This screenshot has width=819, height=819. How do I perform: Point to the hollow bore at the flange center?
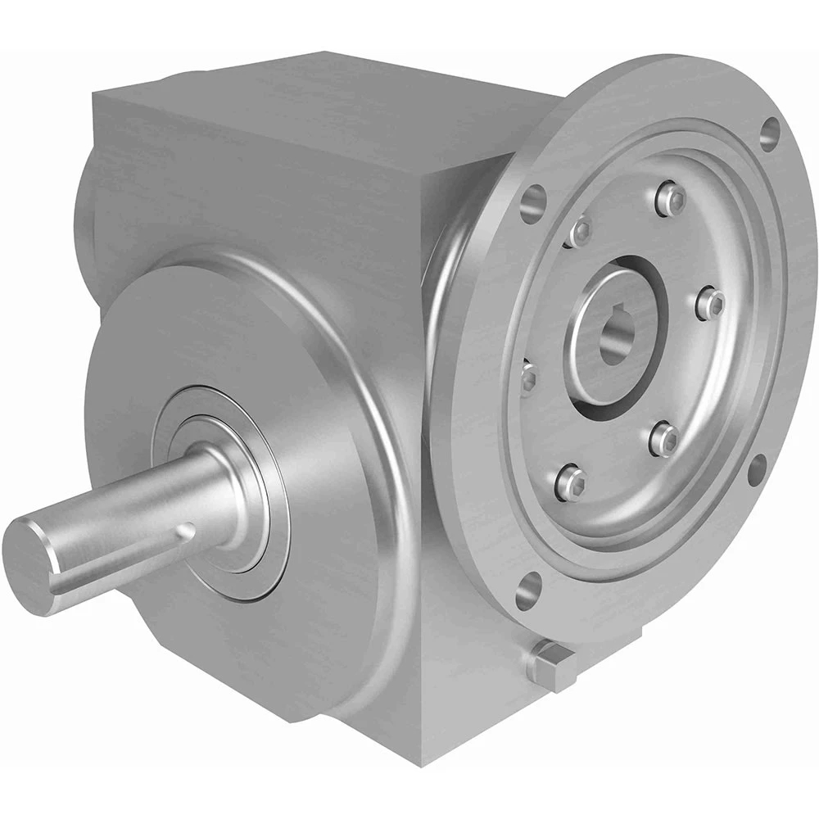click(616, 331)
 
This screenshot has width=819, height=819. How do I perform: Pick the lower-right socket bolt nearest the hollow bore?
click(663, 439)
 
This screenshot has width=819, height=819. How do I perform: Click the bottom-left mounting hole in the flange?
click(531, 586)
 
